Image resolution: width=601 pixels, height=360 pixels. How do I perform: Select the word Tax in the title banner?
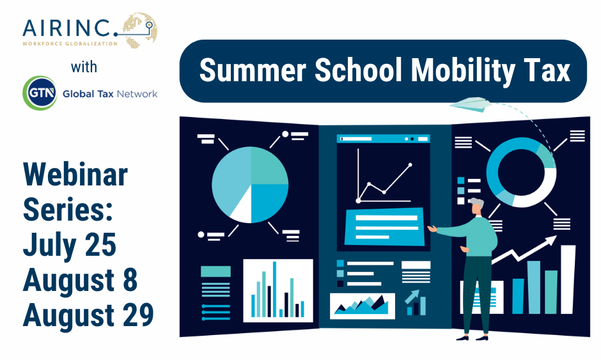[547, 71]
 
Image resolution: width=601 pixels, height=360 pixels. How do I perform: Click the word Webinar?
[75, 175]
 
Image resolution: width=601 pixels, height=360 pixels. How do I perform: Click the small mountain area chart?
[361, 306]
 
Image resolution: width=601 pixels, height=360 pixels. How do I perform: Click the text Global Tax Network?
[109, 95]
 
